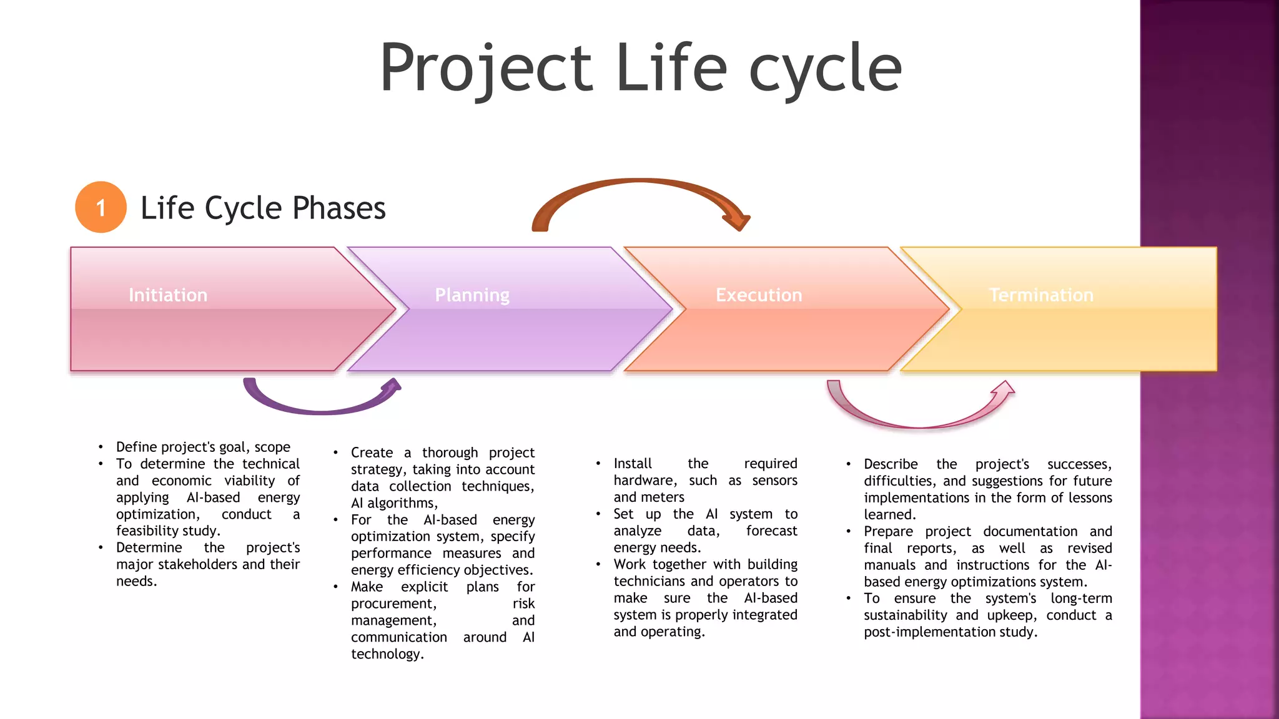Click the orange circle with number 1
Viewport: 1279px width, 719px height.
(101, 207)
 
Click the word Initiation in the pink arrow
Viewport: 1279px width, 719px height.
(167, 295)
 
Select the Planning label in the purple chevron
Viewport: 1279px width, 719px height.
(472, 295)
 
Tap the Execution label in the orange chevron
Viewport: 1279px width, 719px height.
(759, 295)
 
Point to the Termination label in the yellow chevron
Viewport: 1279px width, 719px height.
(1041, 295)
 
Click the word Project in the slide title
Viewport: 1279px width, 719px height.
(486, 69)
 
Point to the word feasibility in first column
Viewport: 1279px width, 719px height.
(147, 531)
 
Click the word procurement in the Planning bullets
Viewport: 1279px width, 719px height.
(393, 604)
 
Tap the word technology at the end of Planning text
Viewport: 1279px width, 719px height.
(386, 654)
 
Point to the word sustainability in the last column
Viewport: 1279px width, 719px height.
(906, 615)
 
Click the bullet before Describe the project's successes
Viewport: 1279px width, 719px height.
(848, 464)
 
